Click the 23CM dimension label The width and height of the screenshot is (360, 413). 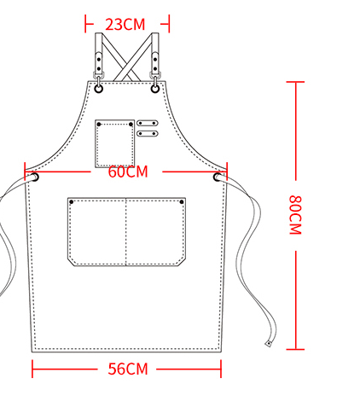pyautogui.click(x=125, y=25)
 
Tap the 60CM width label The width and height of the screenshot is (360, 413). pyautogui.click(x=128, y=172)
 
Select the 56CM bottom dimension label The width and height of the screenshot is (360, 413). pyautogui.click(x=128, y=369)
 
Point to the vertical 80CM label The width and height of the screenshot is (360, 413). pyautogui.click(x=295, y=215)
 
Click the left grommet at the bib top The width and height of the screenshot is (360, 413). pyautogui.click(x=98, y=89)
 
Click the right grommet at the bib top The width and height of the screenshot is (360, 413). pyautogui.click(x=155, y=89)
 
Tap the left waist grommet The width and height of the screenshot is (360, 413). pyautogui.click(x=35, y=177)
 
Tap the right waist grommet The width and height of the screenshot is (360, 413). pyautogui.click(x=218, y=177)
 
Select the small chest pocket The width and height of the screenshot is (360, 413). pyautogui.click(x=115, y=143)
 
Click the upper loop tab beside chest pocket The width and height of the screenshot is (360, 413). pyautogui.click(x=148, y=123)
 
